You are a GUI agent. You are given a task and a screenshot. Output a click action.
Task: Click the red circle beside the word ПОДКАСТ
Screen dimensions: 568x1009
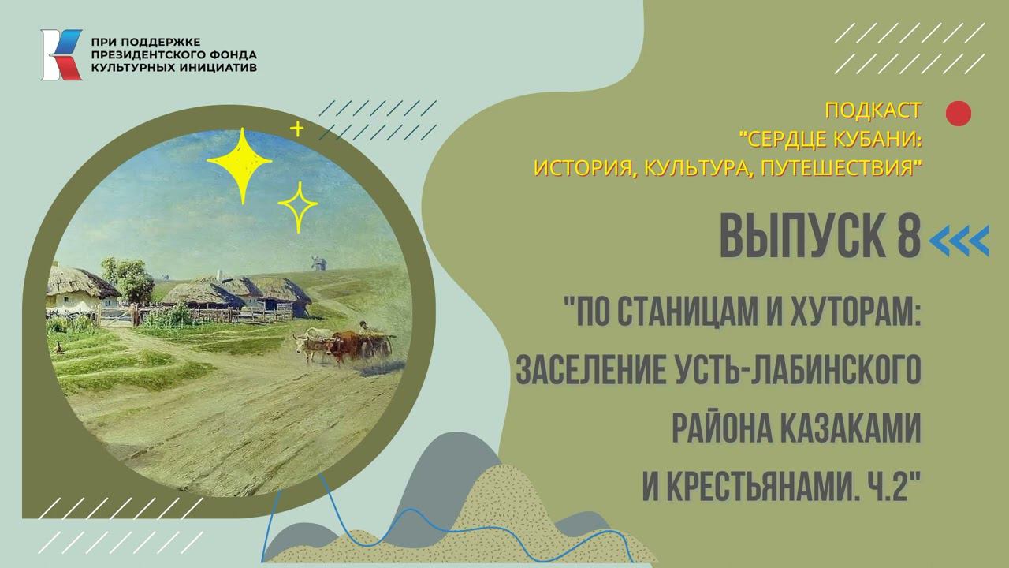pos(958,114)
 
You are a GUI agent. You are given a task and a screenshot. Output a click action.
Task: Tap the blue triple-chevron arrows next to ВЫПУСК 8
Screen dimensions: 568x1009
pos(959,241)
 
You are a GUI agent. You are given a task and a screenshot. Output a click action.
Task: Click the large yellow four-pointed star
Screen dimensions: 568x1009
pos(240,164)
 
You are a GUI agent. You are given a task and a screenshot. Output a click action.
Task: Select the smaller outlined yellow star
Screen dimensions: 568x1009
pos(297,207)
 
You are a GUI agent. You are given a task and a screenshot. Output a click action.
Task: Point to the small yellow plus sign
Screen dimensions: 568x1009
pos(296,129)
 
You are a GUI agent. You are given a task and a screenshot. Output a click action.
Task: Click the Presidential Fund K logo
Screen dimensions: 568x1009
pos(61,54)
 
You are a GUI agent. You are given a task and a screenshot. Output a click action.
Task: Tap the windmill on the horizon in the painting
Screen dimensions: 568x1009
pos(319,261)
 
